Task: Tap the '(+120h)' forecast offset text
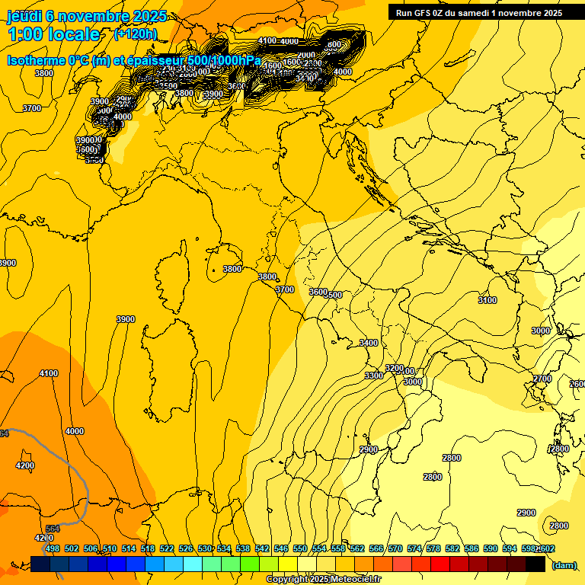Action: [x=136, y=34]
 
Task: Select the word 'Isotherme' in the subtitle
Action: [x=35, y=61]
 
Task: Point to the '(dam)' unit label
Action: [x=564, y=564]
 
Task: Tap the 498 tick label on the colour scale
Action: [x=52, y=548]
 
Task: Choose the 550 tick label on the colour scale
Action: [x=300, y=548]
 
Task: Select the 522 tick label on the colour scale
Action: [x=166, y=548]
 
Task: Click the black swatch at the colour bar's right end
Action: [x=535, y=564]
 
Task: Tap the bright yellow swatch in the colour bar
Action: [x=288, y=564]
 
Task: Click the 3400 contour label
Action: [x=369, y=344]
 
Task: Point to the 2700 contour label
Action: [x=542, y=379]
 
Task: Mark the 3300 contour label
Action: [x=374, y=376]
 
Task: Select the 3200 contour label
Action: [x=394, y=368]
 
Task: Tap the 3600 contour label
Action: [x=318, y=292]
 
